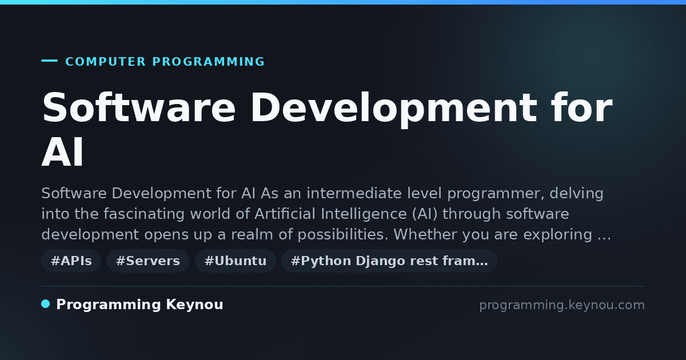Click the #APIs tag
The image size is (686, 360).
[71, 261]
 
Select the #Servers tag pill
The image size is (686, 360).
[148, 261]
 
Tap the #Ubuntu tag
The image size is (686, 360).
[236, 261]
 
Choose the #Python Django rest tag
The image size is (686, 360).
[389, 261]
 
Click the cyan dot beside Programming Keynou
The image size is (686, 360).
[46, 304]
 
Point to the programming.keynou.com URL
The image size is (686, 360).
[562, 305]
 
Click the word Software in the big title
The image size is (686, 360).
[139, 107]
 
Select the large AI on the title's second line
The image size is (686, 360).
[62, 152]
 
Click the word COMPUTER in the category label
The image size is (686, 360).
[105, 62]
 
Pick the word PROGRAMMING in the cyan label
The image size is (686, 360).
[208, 62]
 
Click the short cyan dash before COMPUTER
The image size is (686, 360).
[49, 61]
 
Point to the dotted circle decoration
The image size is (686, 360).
[591, 57]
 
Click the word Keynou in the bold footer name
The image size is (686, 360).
[194, 305]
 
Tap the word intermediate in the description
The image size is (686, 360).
[354, 194]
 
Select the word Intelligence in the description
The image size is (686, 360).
[364, 214]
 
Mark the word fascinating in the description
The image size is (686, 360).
[144, 214]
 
